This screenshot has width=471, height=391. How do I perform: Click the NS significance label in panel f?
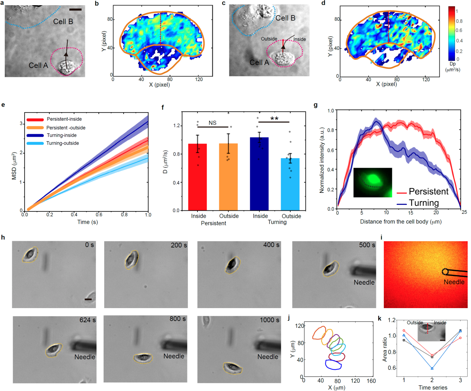tap(212, 123)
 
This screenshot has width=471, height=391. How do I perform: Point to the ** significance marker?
tap(274, 119)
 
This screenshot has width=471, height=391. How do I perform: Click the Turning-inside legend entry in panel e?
tap(62, 135)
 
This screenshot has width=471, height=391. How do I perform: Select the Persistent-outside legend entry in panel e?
tap(66, 127)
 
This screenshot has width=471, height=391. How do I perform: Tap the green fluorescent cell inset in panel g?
tap(372, 182)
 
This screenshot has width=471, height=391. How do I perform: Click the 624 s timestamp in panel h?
tap(88, 320)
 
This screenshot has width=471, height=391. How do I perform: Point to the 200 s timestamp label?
tap(179, 245)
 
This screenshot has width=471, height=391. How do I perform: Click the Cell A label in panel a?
tap(38, 65)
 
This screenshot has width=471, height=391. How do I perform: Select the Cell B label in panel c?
tap(285, 18)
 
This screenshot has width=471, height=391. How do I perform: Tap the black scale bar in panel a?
tap(75, 9)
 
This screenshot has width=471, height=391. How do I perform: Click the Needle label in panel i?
tap(454, 282)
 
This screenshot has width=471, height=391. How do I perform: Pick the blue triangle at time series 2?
tap(432, 368)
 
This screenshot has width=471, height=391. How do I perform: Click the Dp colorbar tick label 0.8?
tap(459, 21)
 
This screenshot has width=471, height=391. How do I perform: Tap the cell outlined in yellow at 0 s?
tap(30, 255)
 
